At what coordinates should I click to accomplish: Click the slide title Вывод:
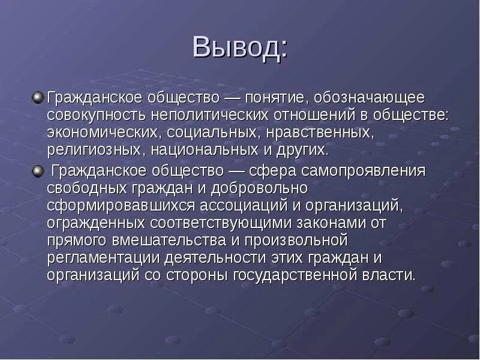(x=239, y=49)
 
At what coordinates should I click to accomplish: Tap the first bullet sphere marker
(x=38, y=96)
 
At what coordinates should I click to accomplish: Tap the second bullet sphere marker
(x=38, y=171)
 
